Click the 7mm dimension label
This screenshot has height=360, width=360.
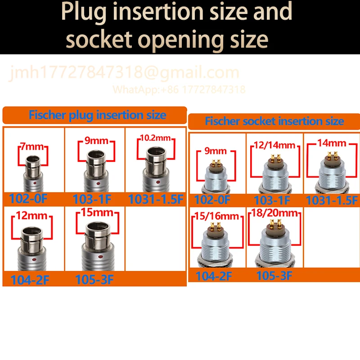pos(32,146)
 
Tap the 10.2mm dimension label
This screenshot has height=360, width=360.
pos(155,138)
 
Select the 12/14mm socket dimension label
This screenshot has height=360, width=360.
pos(274,145)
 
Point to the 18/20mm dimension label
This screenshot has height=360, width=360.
pos(274,213)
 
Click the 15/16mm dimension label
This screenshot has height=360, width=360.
pos(217,216)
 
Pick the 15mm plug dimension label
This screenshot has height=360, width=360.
pos(97,212)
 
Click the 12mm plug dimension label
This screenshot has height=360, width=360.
pos(31,216)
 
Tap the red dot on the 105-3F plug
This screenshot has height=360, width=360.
pos(100,256)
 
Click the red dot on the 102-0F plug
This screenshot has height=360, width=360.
pos(35,183)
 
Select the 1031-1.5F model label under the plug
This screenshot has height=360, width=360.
pos(156,199)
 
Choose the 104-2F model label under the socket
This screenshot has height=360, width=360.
pos(214,276)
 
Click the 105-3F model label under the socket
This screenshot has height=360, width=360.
pos(274,275)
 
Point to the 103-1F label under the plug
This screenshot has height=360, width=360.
pos(92,199)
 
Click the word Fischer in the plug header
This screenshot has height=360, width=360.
pos(48,115)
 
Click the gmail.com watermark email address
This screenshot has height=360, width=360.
pos(124,72)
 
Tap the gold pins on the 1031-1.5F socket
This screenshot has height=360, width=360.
pos(332,155)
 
